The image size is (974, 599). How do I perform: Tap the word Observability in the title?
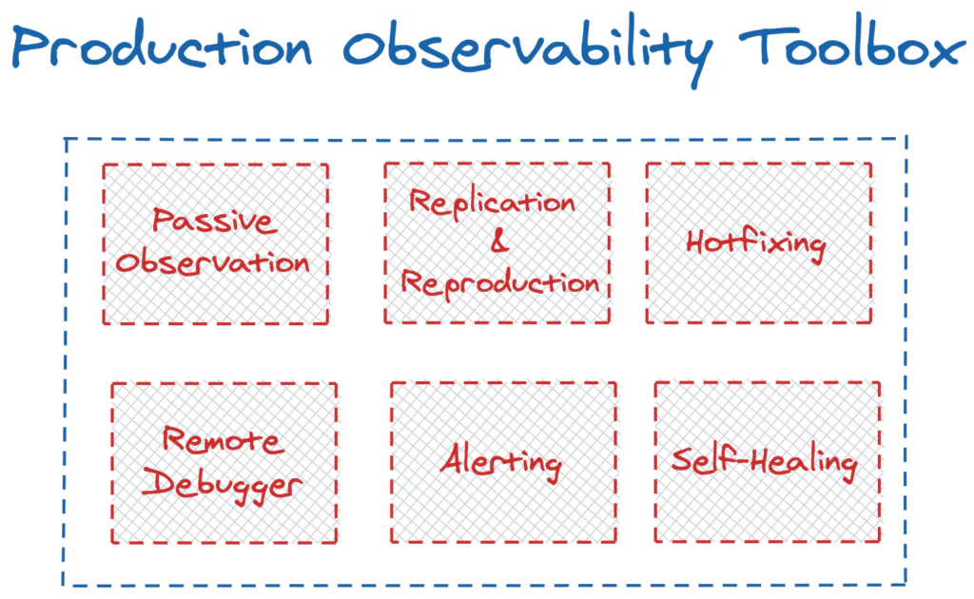[518, 49]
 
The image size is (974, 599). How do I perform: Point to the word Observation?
[214, 262]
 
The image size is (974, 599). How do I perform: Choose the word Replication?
[494, 203]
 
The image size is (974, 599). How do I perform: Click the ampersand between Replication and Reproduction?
[499, 242]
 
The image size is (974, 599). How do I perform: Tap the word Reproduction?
[499, 282]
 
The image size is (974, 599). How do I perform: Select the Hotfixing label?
[757, 242]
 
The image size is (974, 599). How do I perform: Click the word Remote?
[223, 441]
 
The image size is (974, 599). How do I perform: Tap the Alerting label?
[501, 463]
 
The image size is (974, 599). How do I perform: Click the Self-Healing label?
[765, 462]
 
